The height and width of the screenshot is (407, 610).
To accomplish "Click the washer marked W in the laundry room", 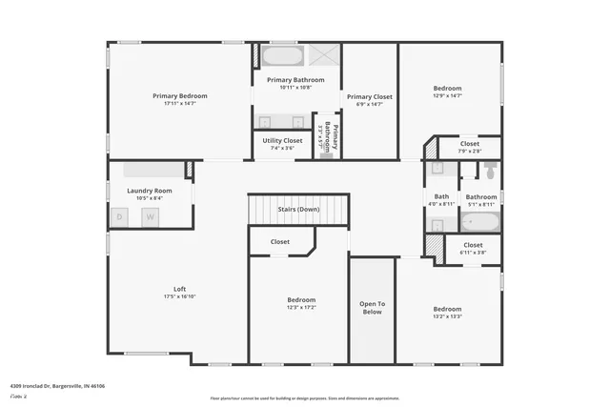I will click(150, 217).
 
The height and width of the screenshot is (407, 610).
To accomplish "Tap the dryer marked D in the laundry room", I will click(120, 217).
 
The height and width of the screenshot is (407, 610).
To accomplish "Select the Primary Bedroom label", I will click(180, 95).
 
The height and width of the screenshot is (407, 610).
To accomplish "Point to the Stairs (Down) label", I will click(298, 209).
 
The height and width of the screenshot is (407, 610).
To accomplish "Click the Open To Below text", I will click(372, 306).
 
